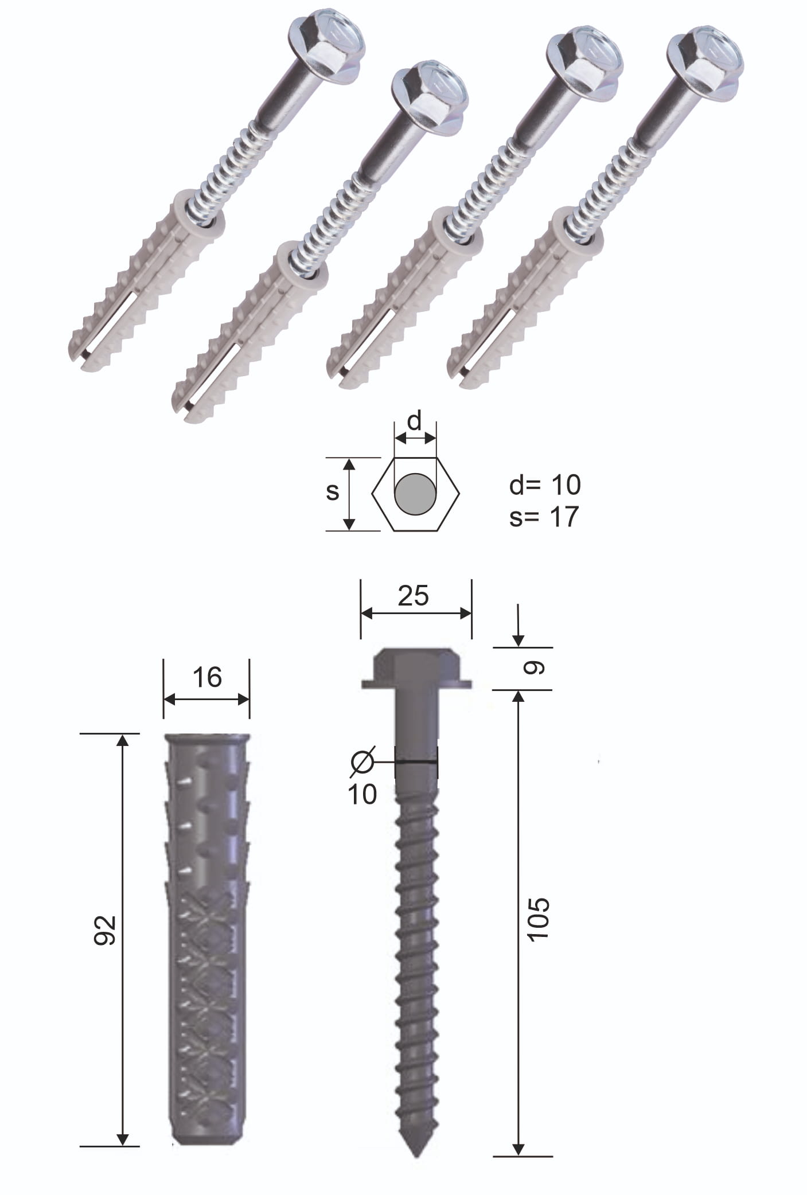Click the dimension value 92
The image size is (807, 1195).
(x=106, y=930)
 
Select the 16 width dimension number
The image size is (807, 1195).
(x=207, y=677)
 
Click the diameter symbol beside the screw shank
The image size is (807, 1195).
(x=362, y=761)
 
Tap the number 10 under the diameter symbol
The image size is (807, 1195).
(x=362, y=794)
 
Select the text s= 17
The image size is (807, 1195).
(x=544, y=517)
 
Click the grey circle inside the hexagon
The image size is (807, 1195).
(x=415, y=494)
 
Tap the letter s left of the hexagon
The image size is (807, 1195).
(x=333, y=492)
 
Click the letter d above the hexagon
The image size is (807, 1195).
(x=414, y=421)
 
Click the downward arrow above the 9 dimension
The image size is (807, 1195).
(x=518, y=627)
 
